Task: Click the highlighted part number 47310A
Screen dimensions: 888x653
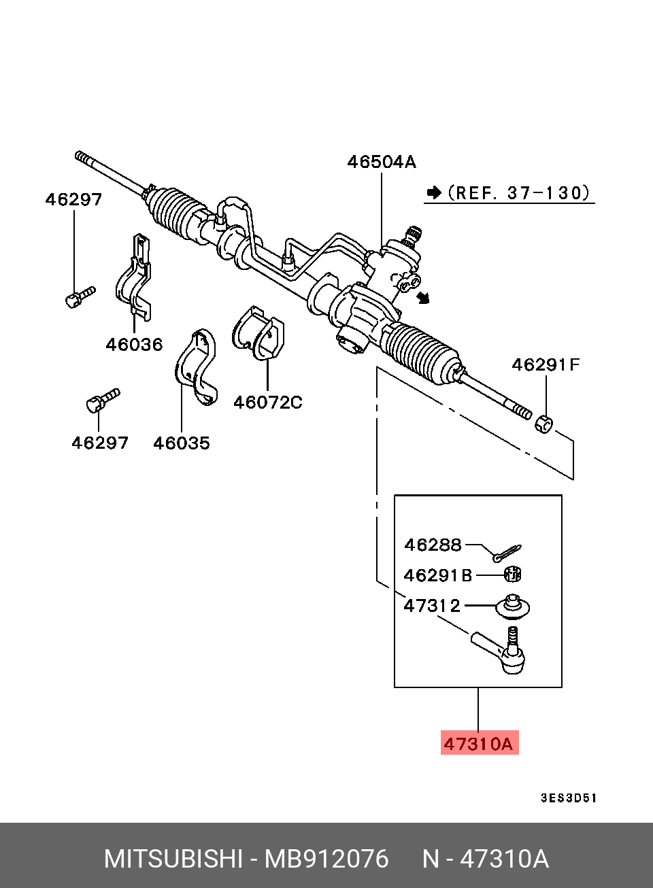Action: click(478, 743)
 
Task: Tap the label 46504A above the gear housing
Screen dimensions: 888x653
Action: click(382, 162)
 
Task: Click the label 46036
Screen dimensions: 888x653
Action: click(134, 344)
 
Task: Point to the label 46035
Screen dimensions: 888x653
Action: click(182, 443)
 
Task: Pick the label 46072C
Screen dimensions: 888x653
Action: click(267, 402)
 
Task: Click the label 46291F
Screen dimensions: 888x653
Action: click(546, 365)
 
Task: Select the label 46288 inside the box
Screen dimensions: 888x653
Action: click(433, 545)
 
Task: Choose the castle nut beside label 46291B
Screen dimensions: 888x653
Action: click(514, 575)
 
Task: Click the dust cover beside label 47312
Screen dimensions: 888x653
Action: click(512, 607)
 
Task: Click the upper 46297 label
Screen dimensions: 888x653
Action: click(73, 199)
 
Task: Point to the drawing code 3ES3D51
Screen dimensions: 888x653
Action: click(569, 798)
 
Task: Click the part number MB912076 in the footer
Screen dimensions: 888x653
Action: click(326, 859)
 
